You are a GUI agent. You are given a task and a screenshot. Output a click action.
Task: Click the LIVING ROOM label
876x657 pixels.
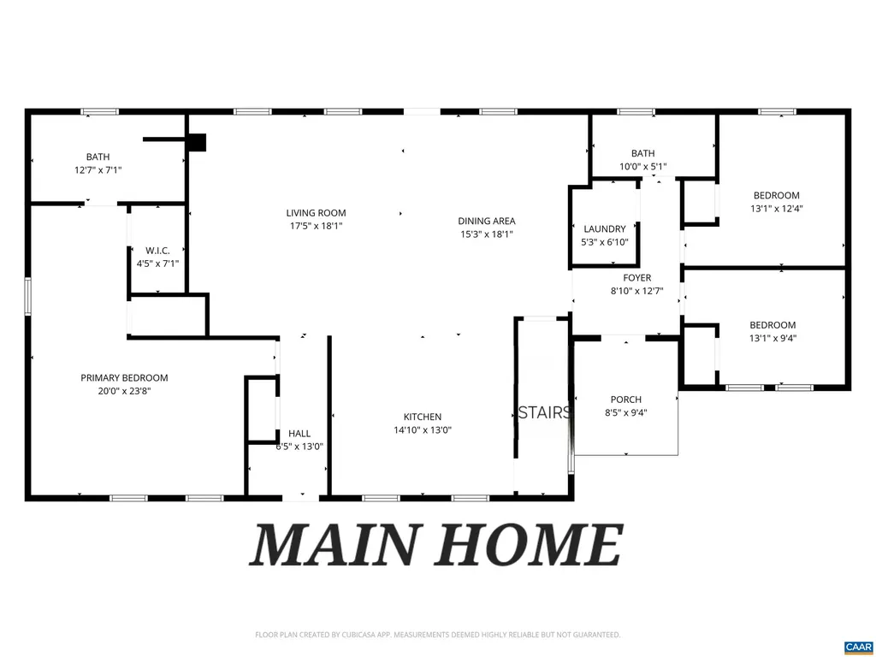(316, 213)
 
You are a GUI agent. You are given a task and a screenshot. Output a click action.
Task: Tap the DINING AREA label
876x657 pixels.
(487, 221)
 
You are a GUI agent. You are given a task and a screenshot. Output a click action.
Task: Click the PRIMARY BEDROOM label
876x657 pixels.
(124, 377)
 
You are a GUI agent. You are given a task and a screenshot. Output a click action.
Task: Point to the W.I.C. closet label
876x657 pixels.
(157, 250)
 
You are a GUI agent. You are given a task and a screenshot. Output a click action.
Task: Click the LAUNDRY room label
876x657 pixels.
(605, 228)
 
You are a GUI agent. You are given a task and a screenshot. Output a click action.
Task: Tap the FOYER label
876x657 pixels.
(636, 278)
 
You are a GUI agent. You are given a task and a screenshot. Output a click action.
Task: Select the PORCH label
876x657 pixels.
(625, 400)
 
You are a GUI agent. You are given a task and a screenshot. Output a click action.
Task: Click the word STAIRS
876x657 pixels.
(544, 413)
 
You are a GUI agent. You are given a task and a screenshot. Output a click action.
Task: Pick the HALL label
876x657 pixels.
(299, 433)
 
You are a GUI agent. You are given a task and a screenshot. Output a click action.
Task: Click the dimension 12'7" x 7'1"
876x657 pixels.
(98, 170)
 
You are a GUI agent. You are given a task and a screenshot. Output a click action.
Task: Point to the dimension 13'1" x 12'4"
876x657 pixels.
(776, 208)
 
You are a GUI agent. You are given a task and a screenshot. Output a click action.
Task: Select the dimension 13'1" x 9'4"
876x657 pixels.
(772, 338)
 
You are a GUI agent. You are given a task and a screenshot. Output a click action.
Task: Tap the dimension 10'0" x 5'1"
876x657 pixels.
(642, 167)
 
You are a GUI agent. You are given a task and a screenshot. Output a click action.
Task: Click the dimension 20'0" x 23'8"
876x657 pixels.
(124, 391)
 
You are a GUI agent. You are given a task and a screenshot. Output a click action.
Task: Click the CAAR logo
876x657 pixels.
(857, 646)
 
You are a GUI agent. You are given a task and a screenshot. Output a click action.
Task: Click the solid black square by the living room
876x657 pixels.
(197, 142)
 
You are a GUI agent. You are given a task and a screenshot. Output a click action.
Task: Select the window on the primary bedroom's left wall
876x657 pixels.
(28, 296)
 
